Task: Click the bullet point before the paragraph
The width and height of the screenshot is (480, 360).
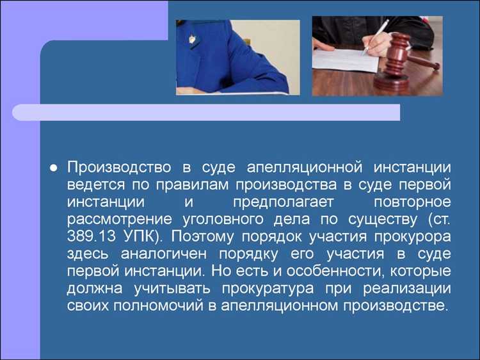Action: point(54,168)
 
